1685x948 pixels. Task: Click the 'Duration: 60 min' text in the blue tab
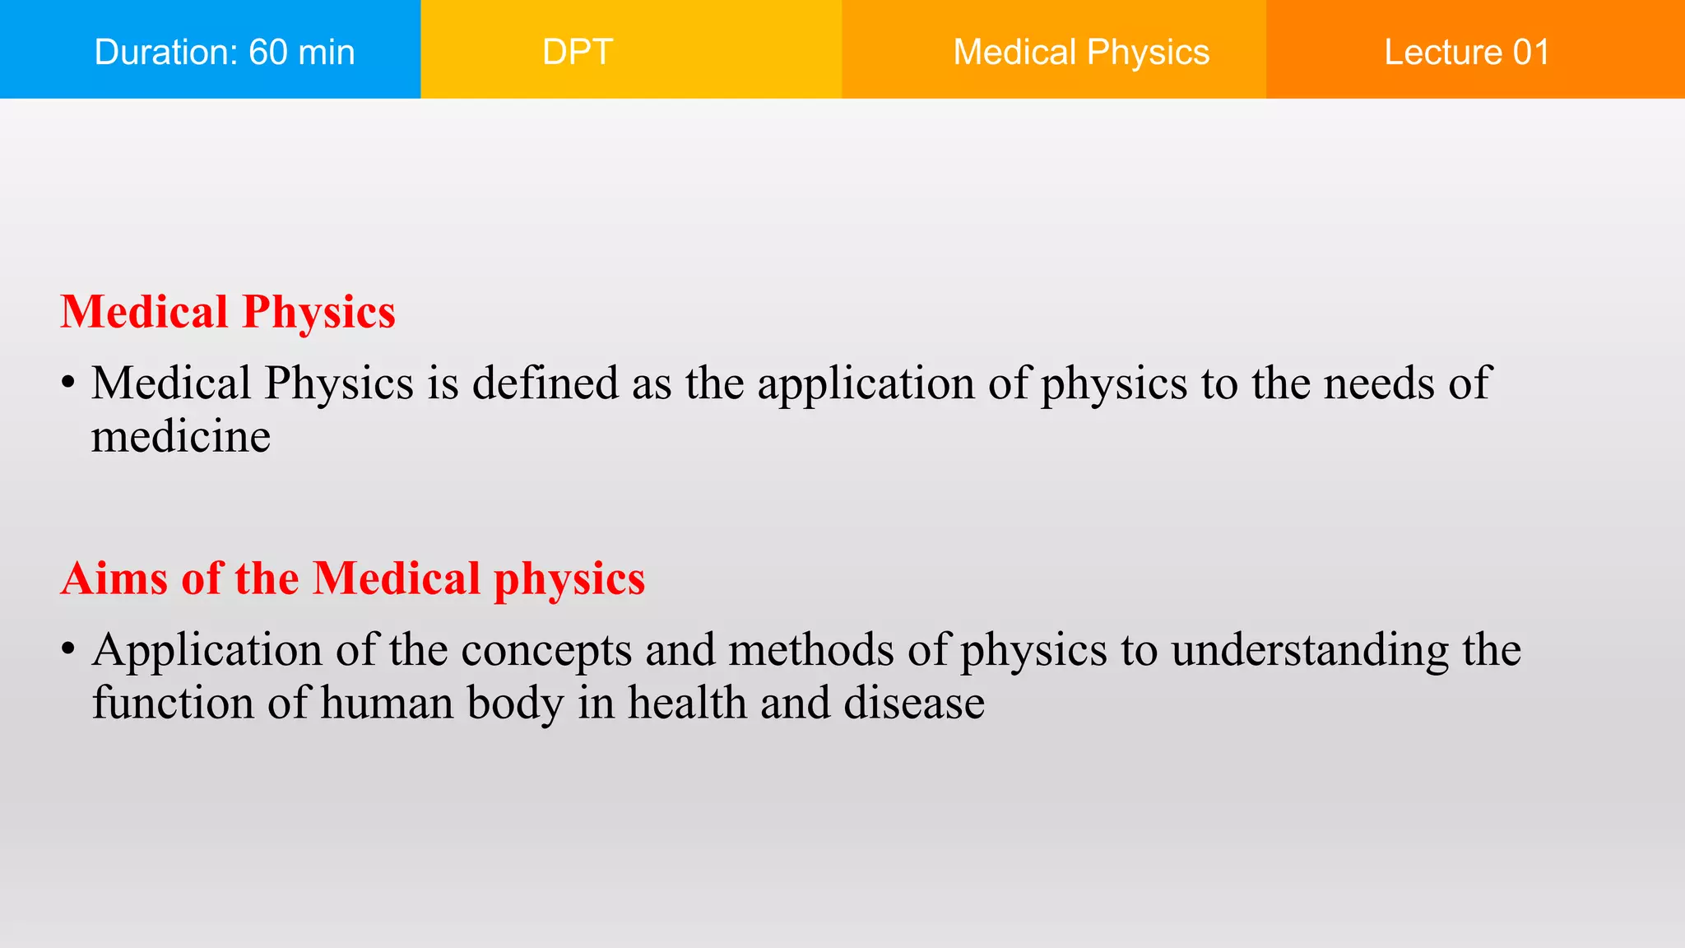coord(225,52)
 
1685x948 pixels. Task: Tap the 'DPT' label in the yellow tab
coord(578,52)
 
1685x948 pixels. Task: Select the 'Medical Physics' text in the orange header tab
coord(1081,52)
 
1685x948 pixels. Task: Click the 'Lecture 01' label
coord(1467,52)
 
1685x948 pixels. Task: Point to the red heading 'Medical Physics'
coord(228,313)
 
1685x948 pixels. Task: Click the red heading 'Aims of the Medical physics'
coord(352,579)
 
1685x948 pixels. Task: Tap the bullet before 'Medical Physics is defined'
coord(68,383)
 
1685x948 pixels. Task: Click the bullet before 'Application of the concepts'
coord(68,650)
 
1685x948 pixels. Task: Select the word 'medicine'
coord(180,436)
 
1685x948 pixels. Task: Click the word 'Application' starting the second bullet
coord(207,651)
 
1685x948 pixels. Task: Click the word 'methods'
coord(810,650)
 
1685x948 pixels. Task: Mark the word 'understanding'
coord(1310,651)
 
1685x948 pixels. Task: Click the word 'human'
coord(388,704)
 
